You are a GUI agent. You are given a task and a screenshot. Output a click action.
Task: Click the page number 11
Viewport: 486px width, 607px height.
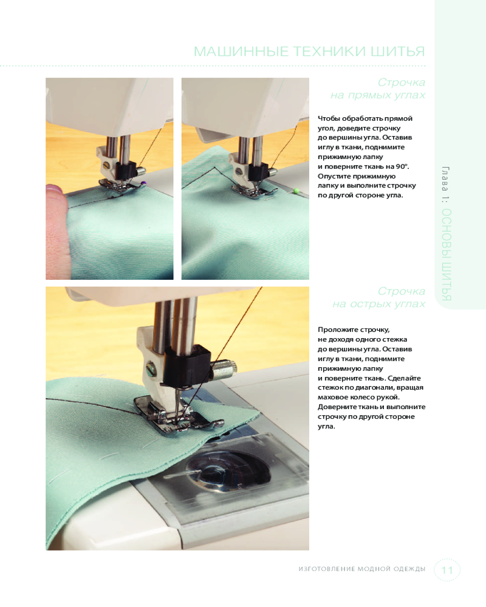point(447,570)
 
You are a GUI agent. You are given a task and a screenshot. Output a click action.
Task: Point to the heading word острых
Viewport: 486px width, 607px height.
point(369,304)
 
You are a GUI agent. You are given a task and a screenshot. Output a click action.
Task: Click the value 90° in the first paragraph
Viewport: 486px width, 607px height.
point(402,166)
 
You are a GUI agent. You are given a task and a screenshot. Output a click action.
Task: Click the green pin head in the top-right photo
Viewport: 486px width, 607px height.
point(296,191)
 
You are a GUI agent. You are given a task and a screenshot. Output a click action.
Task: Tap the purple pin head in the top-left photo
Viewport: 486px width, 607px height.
point(144,183)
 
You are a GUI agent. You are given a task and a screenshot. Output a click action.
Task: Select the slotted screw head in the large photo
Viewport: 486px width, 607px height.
point(151,368)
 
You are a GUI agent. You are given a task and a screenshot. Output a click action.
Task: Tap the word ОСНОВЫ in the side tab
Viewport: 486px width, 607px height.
point(447,234)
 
